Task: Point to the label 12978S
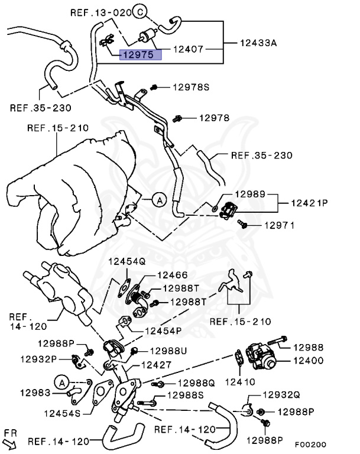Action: point(191,87)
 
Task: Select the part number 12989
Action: point(249,194)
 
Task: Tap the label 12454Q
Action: point(127,261)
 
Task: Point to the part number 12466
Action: point(171,275)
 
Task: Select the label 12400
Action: point(307,359)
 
